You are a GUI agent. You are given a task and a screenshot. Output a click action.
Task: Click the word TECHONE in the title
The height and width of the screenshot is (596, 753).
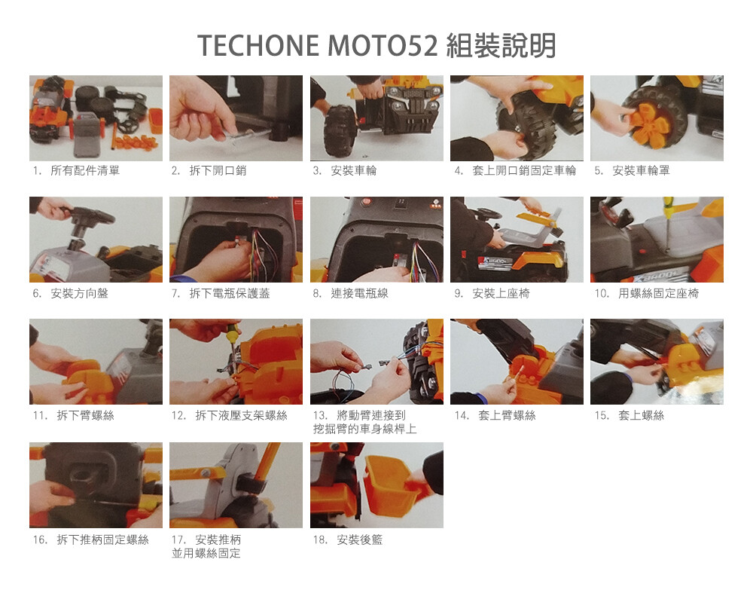pos(258,46)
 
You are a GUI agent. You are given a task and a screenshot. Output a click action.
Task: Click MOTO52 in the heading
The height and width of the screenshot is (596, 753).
pos(383,46)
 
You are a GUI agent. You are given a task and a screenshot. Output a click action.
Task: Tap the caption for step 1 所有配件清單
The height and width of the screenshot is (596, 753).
pos(85,170)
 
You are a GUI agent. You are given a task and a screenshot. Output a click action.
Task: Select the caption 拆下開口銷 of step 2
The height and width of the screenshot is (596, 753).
pos(218,170)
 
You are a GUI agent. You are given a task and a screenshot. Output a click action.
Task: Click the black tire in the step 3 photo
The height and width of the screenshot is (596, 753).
pos(340,131)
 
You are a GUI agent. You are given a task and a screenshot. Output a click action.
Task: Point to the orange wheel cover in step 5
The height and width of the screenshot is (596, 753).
pos(649,122)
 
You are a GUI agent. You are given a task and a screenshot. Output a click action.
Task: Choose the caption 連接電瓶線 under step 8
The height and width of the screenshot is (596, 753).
pos(359,293)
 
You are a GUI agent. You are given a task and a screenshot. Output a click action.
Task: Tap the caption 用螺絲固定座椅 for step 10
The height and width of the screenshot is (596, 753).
pos(658,293)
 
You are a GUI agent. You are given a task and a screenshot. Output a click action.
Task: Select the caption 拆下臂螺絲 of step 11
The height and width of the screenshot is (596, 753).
pos(86,415)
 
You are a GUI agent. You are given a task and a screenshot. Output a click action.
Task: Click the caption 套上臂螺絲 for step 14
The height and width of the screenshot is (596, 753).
pos(507,415)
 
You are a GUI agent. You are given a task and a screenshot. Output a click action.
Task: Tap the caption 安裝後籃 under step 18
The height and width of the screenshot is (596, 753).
pos(359,539)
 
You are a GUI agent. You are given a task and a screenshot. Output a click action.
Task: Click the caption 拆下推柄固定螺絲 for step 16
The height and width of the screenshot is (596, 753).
pos(102,539)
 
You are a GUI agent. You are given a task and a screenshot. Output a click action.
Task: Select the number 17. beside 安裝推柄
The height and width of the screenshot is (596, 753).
pos(178,539)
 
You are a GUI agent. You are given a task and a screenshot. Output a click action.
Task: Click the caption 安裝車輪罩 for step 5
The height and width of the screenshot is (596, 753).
pos(641,170)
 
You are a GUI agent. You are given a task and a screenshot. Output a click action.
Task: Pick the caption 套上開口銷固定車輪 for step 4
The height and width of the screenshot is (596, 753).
pos(524,170)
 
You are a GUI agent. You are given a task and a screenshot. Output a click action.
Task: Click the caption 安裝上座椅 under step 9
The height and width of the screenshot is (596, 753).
pos(501,293)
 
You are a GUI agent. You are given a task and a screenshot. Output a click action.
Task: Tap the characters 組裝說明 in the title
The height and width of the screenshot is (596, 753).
pos(501,46)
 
